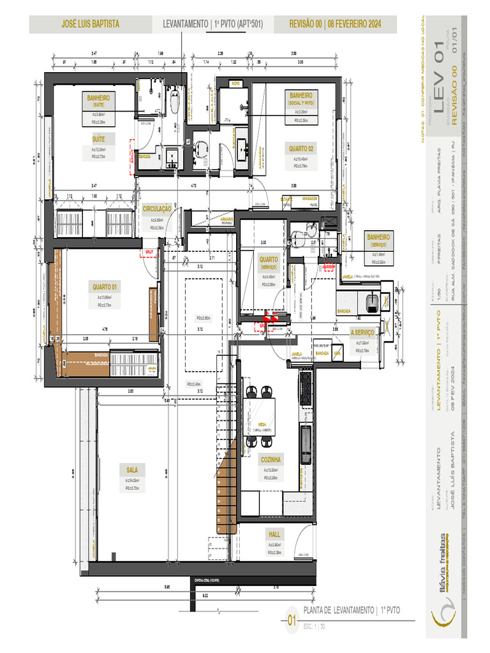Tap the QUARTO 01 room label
pos(105,286)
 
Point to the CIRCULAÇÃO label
pos(157,209)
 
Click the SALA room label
pos(131,470)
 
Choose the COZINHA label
pos(272,459)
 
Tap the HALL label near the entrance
pos(274,534)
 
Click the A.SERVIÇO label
pos(362,332)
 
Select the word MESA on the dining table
pos(262,423)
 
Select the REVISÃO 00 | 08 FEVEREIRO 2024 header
pos(335,24)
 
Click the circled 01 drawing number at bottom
pos(292,620)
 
